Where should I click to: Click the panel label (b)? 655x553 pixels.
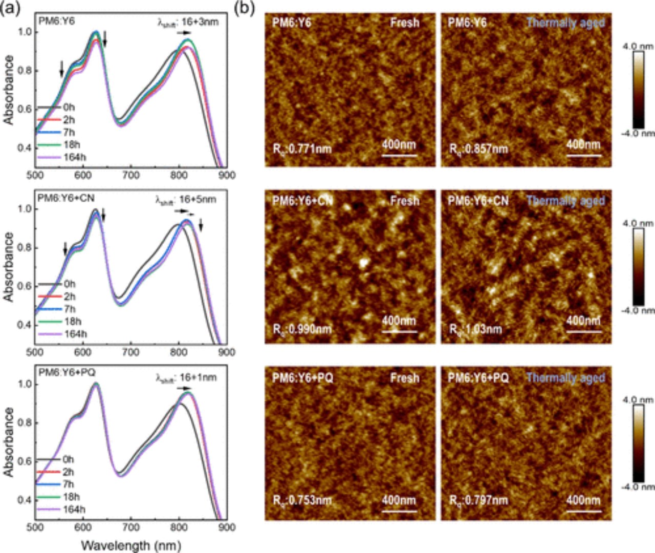tap(244, 8)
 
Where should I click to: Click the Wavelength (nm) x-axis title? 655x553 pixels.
tap(131, 545)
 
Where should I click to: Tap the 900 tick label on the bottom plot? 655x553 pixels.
tap(227, 527)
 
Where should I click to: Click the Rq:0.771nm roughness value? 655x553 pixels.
tap(302, 150)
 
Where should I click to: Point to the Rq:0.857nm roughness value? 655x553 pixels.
tap(478, 150)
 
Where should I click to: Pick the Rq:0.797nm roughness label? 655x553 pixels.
tap(478, 500)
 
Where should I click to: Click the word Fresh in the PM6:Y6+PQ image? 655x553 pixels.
tap(404, 378)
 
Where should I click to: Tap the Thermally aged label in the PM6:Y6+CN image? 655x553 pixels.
tap(565, 201)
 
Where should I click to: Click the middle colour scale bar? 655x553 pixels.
tap(638, 267)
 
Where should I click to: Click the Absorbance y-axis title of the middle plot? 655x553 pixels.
tap(9, 266)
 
